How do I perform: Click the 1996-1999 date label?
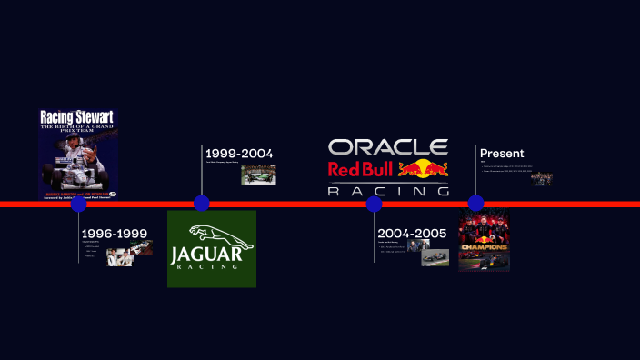[x=115, y=234]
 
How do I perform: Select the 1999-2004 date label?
[x=239, y=154]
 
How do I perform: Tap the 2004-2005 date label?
[x=412, y=234]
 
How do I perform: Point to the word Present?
[x=502, y=154]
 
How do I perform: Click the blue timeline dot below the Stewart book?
[x=78, y=204]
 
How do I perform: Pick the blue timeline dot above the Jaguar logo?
[x=202, y=204]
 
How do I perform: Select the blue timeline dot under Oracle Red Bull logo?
[x=374, y=204]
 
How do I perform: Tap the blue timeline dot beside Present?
[x=475, y=204]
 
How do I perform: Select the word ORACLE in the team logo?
[x=388, y=147]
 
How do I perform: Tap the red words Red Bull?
[x=361, y=169]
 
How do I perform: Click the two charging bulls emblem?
[x=423, y=169]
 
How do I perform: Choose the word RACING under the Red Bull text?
[x=388, y=191]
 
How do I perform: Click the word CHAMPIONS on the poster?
[x=484, y=246]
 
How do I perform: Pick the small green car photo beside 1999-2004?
[x=258, y=175]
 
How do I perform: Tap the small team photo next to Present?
[x=542, y=178]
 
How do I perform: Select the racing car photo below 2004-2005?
[x=435, y=258]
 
